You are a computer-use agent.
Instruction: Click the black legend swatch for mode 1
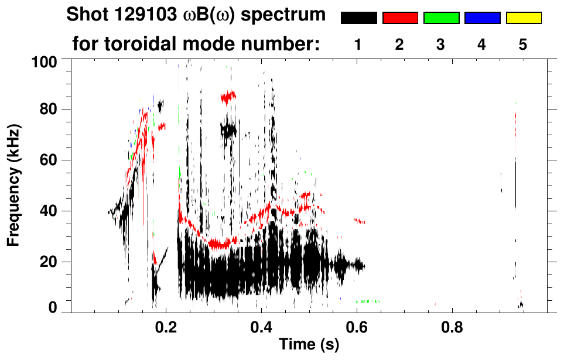pos(358,18)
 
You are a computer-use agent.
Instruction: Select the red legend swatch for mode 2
pos(400,18)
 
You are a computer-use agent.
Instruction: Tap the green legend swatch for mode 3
pos(441,18)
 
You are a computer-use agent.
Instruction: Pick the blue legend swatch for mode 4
pos(482,18)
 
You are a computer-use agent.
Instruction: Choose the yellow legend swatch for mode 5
pos(524,18)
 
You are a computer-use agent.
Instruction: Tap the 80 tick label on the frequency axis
pos(48,109)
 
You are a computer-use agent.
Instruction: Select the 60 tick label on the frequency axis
pos(48,160)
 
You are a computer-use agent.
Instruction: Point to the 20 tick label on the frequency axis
pos(48,262)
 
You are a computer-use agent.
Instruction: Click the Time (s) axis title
pos(309,345)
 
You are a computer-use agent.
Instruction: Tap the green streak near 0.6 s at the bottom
pos(367,301)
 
